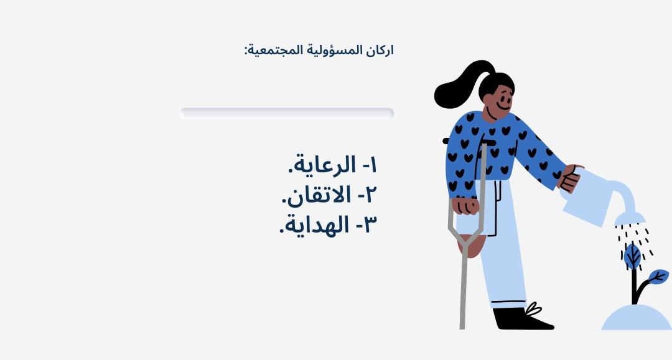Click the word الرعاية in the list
(324, 165)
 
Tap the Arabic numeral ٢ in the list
(371, 195)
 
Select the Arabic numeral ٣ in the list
(370, 225)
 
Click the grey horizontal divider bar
(287, 113)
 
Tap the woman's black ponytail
(459, 86)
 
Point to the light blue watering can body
(587, 197)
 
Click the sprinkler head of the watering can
(630, 219)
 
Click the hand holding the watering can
(570, 178)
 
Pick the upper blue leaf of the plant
(632, 256)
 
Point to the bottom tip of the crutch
(462, 328)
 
